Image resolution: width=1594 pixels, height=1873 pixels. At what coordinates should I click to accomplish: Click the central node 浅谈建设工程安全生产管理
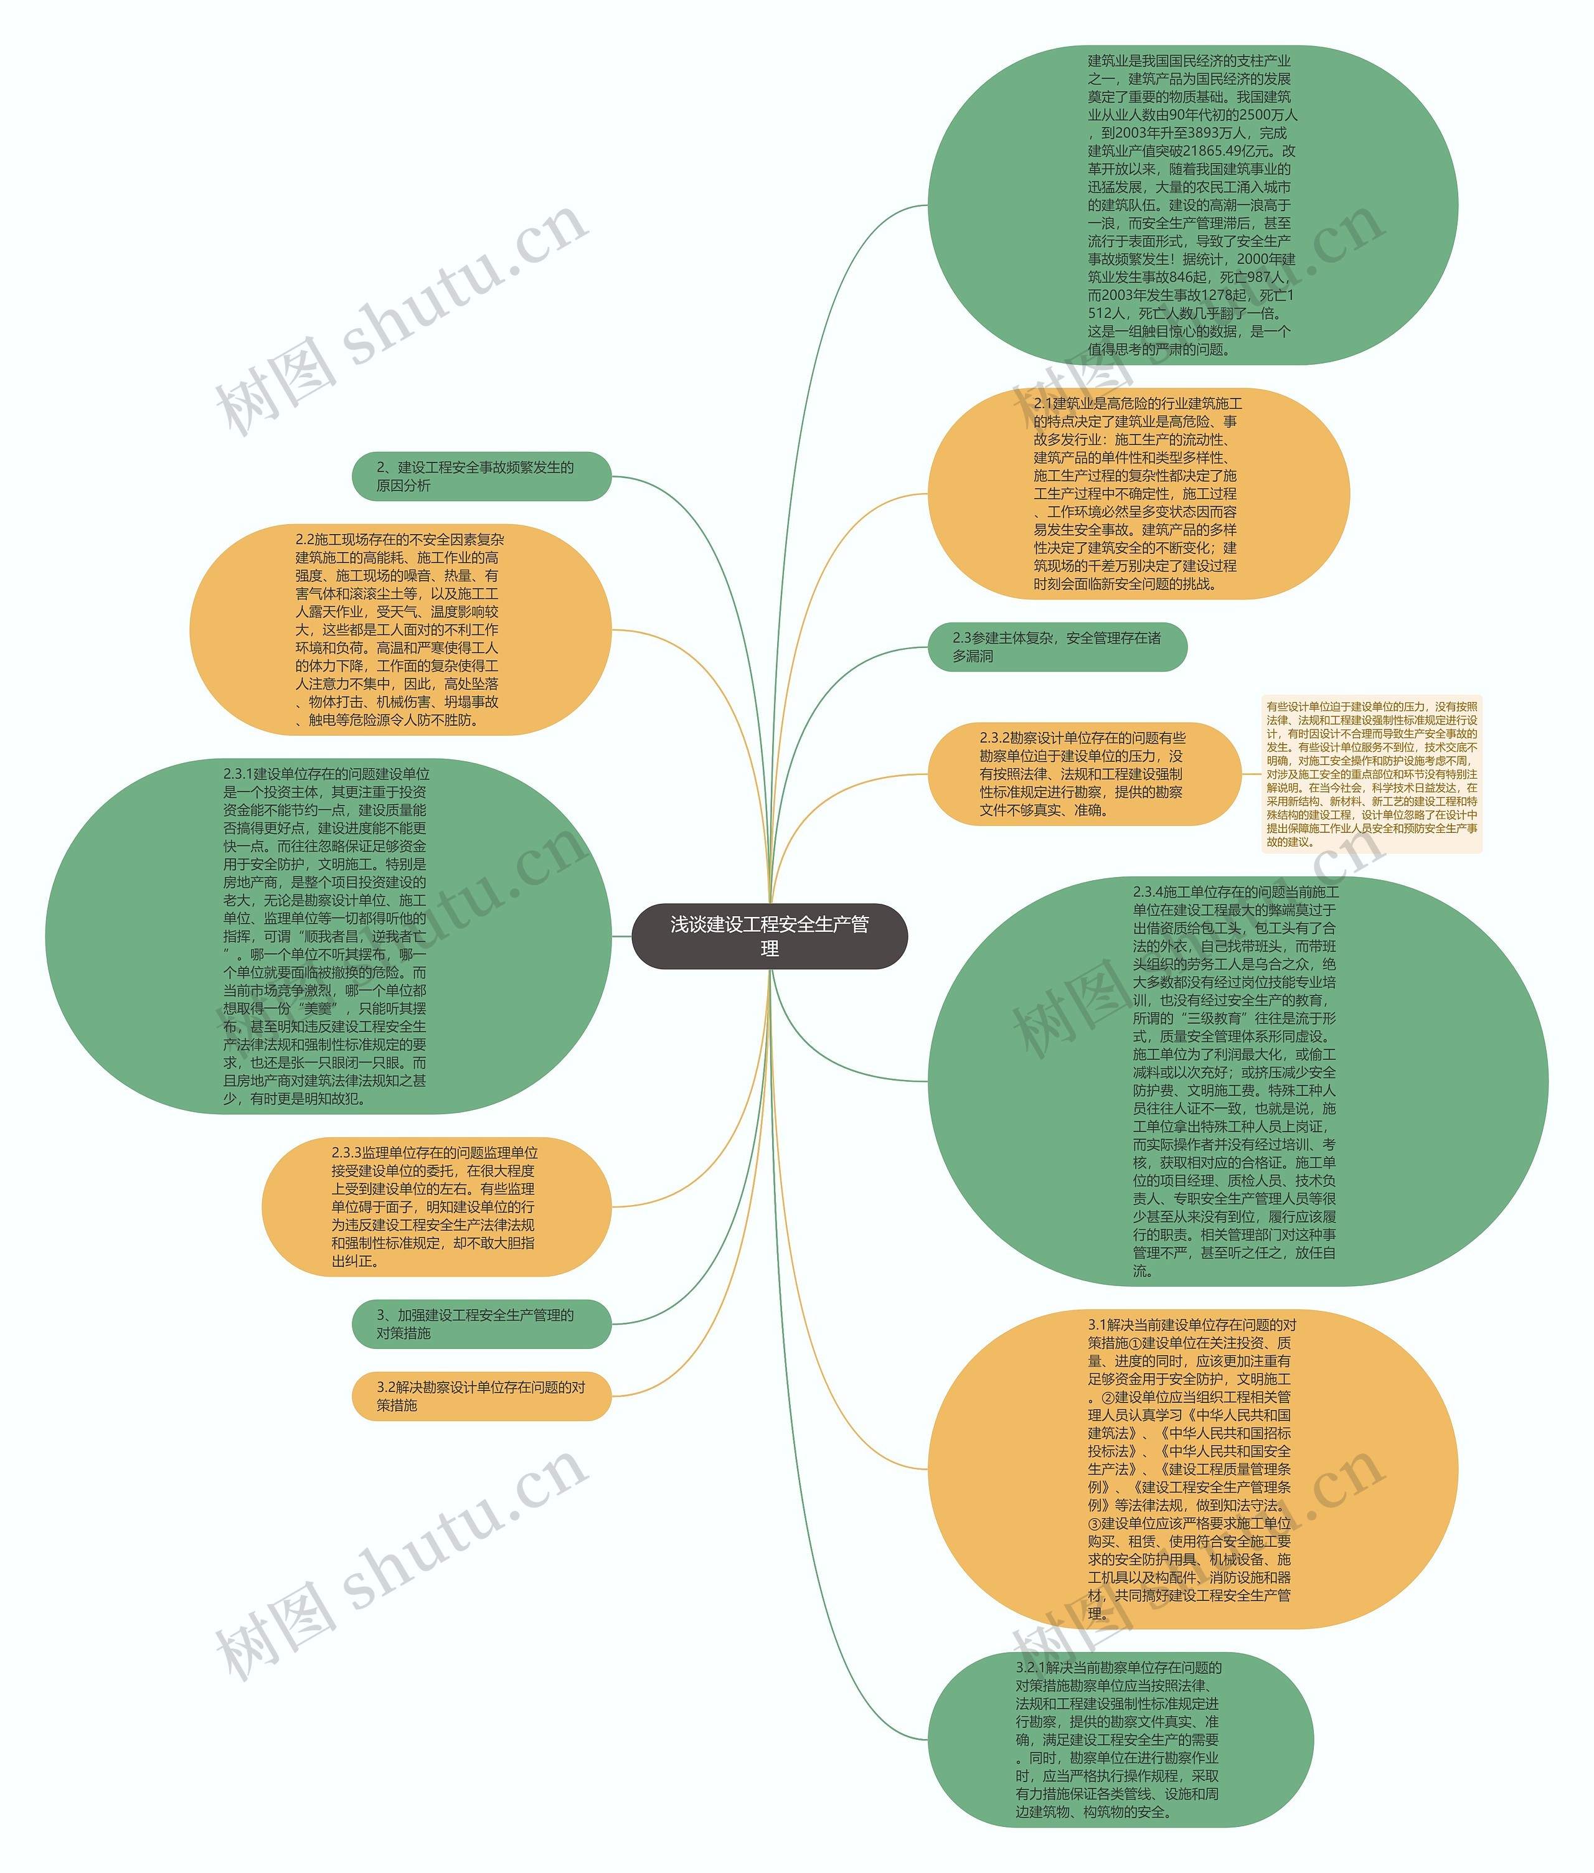click(x=769, y=936)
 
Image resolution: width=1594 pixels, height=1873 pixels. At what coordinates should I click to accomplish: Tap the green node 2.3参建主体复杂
click(x=1057, y=647)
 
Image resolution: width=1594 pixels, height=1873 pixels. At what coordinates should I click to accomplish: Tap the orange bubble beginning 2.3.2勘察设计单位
click(x=1083, y=774)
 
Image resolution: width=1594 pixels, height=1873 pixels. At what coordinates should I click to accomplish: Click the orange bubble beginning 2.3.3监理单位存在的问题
click(x=436, y=1206)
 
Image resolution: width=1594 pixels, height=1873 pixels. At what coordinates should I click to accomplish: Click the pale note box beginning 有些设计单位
click(x=1371, y=774)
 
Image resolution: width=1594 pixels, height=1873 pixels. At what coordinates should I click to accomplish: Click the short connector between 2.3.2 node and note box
click(x=1252, y=774)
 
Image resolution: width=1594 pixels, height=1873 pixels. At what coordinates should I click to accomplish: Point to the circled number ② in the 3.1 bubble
click(x=1108, y=1397)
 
